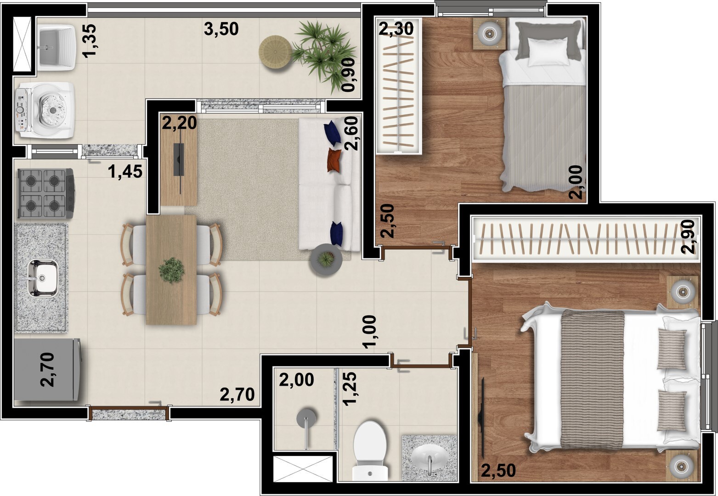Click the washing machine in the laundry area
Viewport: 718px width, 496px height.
coord(45,110)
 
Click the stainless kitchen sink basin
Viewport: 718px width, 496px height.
coord(42,277)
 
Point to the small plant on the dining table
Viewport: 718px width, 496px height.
coord(172,270)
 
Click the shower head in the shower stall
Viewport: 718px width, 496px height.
coord(306,418)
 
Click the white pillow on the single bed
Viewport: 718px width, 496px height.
coord(548,51)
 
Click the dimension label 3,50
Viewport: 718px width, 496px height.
coord(221,29)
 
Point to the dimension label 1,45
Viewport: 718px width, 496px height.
coord(125,172)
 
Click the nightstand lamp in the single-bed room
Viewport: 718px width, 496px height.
coord(489,33)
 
